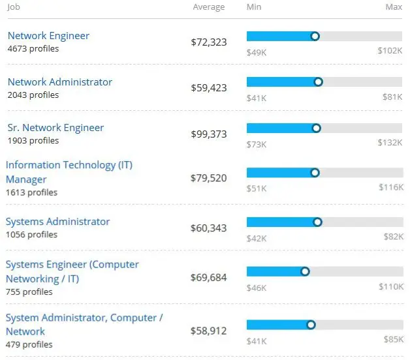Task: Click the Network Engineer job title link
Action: (x=48, y=36)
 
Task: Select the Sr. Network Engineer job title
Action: (x=55, y=128)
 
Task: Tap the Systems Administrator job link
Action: (x=57, y=222)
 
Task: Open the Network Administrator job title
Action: (x=59, y=82)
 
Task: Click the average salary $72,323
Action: (x=208, y=42)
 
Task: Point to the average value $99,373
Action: (x=208, y=134)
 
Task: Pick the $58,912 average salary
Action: (x=208, y=331)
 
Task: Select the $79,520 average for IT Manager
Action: (x=208, y=178)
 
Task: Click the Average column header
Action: (x=208, y=7)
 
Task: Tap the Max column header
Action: (x=394, y=7)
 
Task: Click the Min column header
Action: (x=254, y=7)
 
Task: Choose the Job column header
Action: (x=14, y=7)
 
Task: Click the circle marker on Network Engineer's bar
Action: (x=315, y=37)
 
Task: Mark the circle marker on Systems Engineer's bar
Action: (x=305, y=271)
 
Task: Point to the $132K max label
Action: (x=390, y=143)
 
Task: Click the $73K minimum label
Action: (x=256, y=143)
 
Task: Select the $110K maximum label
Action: (x=390, y=286)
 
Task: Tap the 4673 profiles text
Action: (x=33, y=49)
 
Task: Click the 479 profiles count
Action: (x=29, y=344)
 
